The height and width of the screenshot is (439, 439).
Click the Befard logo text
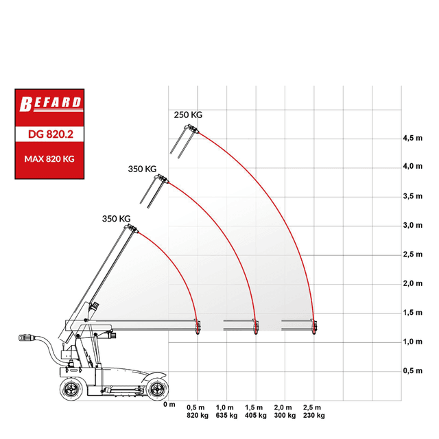tap(50, 104)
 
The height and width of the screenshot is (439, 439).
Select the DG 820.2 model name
tap(51, 134)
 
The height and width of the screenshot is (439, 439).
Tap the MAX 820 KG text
tap(49, 159)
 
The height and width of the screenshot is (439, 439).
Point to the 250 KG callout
tap(188, 115)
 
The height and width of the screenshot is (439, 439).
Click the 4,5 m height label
tap(413, 138)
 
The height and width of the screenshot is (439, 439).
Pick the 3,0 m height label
tap(413, 226)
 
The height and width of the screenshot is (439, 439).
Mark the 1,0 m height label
tap(413, 342)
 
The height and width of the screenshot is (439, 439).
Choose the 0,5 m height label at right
tap(413, 370)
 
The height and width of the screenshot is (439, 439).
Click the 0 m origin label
tap(169, 404)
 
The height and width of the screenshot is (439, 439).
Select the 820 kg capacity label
tap(198, 416)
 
